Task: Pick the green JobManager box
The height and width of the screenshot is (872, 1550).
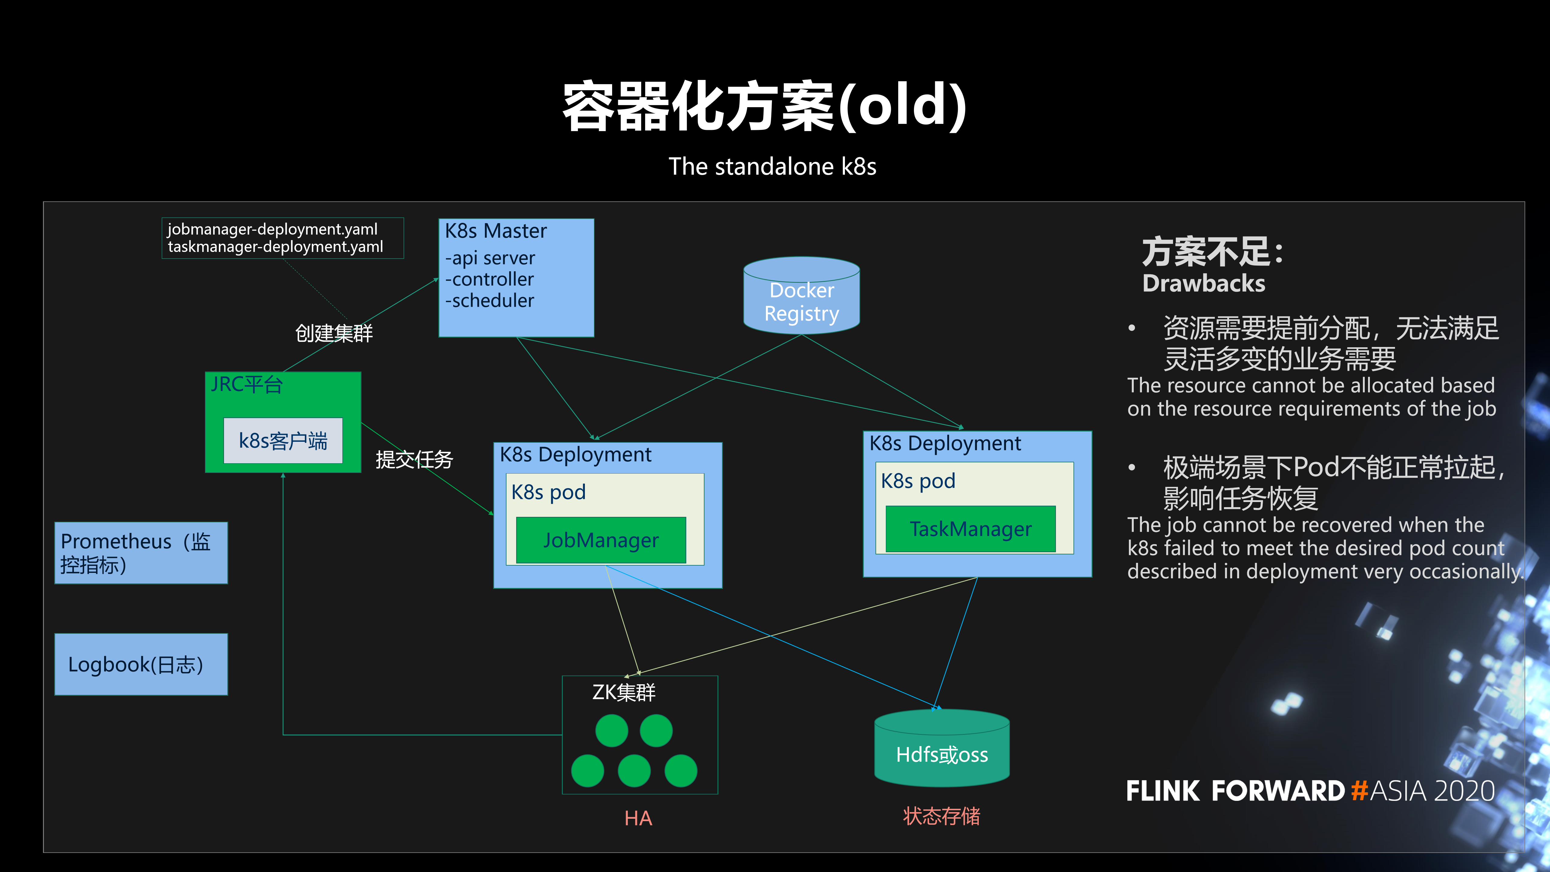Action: (601, 540)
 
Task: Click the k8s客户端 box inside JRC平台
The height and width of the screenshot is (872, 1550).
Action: (283, 441)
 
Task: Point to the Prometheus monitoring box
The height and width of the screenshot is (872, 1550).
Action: (141, 553)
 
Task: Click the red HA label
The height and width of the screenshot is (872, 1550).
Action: (638, 818)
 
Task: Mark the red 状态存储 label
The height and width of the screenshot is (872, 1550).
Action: (941, 816)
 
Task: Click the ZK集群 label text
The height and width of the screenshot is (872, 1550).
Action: (623, 692)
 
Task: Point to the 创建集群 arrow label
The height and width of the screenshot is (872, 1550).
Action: (334, 333)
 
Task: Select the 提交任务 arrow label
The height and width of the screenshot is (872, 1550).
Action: (414, 459)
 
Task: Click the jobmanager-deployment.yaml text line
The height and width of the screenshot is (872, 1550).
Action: (272, 229)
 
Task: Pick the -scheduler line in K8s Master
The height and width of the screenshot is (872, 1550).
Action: (489, 300)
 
